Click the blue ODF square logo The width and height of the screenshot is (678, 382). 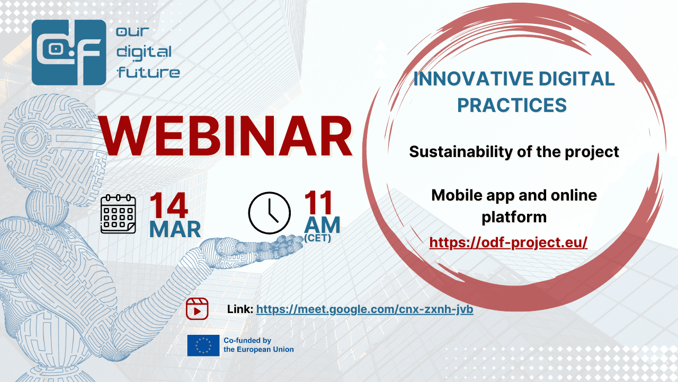click(69, 53)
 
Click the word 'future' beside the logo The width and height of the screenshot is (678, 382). click(149, 73)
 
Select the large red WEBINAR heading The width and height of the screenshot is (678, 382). click(226, 137)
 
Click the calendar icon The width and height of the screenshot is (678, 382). click(118, 214)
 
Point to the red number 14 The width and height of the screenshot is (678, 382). click(168, 205)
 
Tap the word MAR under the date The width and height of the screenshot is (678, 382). click(175, 229)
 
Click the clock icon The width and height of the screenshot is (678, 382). click(270, 213)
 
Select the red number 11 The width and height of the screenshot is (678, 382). click(318, 203)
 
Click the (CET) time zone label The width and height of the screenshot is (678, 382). click(317, 238)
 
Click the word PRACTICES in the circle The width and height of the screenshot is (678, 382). click(512, 105)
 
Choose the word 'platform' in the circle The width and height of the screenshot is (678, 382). click(514, 218)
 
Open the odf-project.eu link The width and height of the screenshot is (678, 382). click(508, 242)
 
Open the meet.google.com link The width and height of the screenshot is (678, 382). click(365, 309)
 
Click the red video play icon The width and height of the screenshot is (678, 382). click(197, 309)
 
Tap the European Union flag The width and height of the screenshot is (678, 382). click(203, 345)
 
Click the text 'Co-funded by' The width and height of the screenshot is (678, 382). click(247, 341)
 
